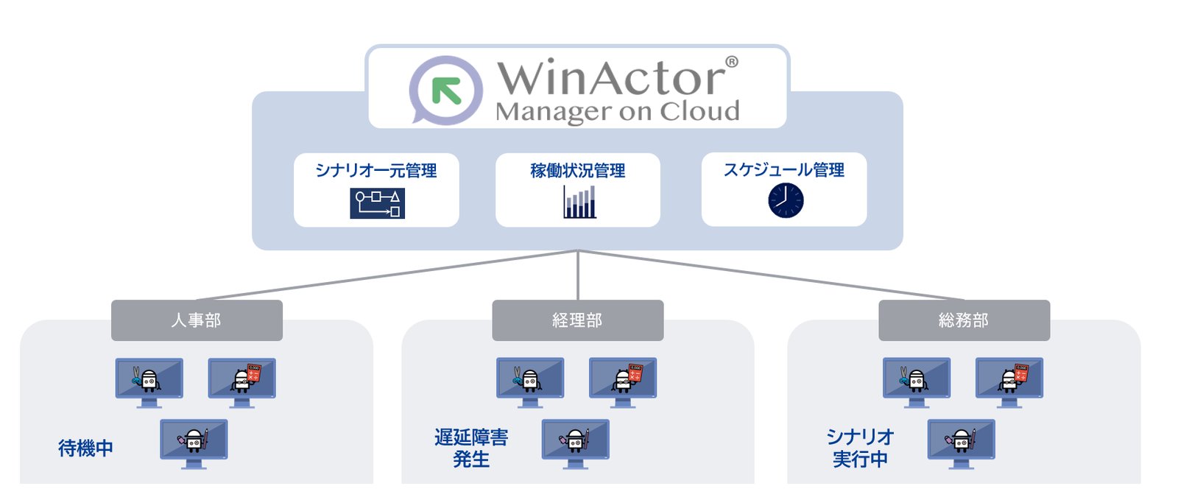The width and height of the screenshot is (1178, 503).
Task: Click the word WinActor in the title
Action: [x=611, y=78]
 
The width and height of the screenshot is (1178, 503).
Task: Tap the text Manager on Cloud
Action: [x=617, y=112]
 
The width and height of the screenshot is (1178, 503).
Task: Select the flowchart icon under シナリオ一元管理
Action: [x=377, y=204]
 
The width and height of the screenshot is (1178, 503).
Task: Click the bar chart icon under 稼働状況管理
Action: [x=579, y=202]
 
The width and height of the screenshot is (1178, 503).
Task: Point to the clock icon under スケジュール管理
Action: [x=786, y=200]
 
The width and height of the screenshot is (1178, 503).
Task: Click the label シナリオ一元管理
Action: [x=376, y=171]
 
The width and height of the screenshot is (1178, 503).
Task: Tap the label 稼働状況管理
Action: [x=578, y=171]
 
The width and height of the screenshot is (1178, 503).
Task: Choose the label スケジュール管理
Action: [x=784, y=170]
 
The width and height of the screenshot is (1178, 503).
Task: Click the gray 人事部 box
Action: [x=197, y=320]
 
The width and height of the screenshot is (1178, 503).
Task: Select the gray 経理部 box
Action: [x=578, y=320]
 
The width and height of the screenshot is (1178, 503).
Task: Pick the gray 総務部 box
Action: [x=964, y=320]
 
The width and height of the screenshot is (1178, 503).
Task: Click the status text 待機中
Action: [x=85, y=448]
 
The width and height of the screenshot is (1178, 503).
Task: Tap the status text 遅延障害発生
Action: [x=471, y=448]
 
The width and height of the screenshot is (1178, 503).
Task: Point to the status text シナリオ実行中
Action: [x=859, y=448]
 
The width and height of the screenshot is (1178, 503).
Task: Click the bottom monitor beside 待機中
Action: [x=194, y=441]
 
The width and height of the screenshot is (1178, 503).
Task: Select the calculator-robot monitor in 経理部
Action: [x=623, y=380]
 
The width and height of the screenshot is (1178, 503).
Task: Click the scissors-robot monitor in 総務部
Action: [x=917, y=380]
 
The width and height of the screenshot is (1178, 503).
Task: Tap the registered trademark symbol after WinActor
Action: [x=732, y=63]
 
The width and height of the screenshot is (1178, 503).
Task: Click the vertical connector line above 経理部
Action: [x=578, y=276]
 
